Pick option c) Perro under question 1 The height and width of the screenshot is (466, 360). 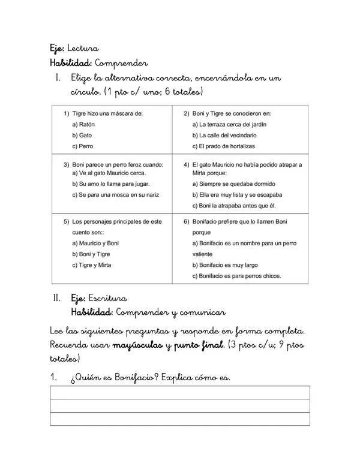click(83, 146)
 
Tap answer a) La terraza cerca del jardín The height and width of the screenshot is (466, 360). click(229, 124)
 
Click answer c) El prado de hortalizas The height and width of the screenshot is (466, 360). click(224, 146)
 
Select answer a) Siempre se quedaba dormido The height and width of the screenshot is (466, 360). click(234, 184)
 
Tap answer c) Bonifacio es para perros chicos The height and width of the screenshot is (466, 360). click(237, 276)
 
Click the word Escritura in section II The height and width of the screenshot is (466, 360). click(107, 298)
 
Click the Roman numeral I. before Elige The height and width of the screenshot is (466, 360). click(58, 79)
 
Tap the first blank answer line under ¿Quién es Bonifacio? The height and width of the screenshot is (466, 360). click(180, 393)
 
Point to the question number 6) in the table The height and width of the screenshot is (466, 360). click(187, 221)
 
